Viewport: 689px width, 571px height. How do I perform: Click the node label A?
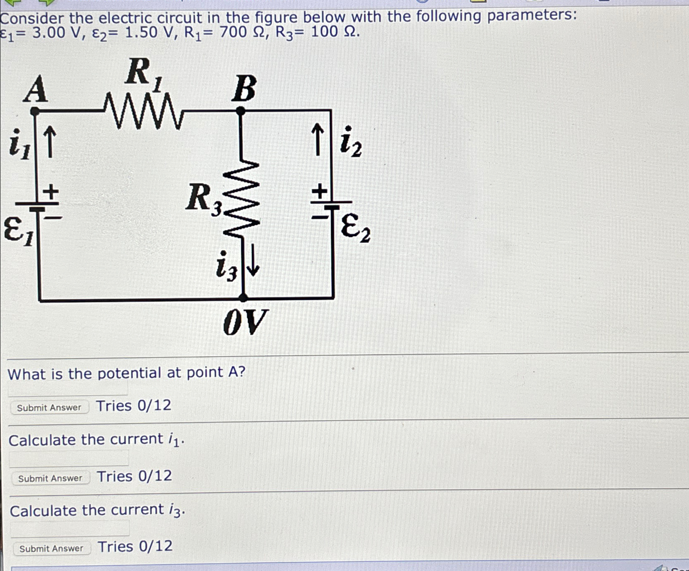(x=36, y=89)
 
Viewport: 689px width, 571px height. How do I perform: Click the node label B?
(x=244, y=89)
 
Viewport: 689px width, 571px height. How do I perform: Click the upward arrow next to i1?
(x=49, y=142)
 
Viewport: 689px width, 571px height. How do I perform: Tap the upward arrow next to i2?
(x=317, y=139)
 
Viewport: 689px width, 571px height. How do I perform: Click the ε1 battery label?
(x=18, y=233)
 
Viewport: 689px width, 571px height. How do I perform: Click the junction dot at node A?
(x=35, y=111)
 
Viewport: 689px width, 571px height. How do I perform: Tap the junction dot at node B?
(x=241, y=111)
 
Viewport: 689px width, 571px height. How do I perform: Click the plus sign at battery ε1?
(x=51, y=192)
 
